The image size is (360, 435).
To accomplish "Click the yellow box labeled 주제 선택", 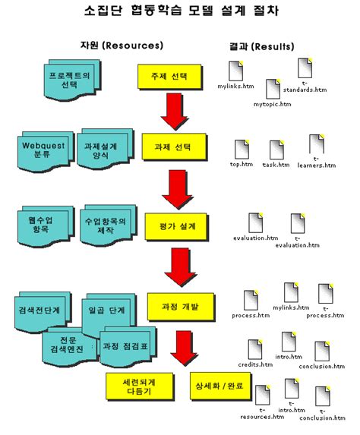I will [x=172, y=77].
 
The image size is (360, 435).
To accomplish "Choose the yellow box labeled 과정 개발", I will [x=179, y=307].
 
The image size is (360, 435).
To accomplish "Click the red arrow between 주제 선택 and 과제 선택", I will [x=178, y=112].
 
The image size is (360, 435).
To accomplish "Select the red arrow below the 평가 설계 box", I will [x=180, y=267].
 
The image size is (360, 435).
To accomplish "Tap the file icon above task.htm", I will [x=275, y=149].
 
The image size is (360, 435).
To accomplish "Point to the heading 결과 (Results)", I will [x=259, y=46].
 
